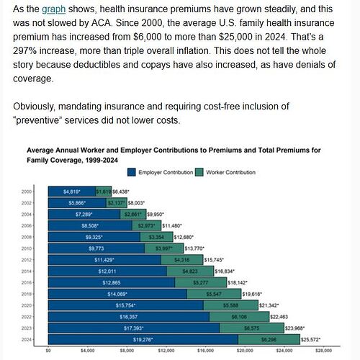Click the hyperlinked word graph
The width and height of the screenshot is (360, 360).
[x=53, y=10]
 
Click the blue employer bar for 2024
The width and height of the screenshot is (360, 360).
[x=143, y=338]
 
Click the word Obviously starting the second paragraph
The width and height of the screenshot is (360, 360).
[x=37, y=106]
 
